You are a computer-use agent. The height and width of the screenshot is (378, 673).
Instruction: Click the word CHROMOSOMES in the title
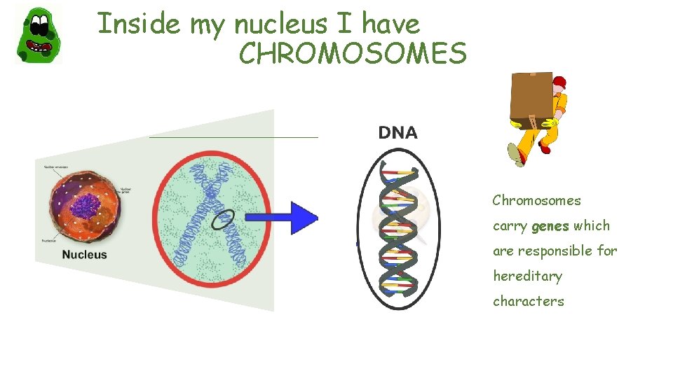tap(353, 53)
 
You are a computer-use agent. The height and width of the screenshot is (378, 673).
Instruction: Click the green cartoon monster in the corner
tap(39, 35)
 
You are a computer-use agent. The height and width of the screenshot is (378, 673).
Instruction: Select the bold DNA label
tap(397, 132)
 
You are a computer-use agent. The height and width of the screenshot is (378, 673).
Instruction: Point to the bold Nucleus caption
tap(84, 255)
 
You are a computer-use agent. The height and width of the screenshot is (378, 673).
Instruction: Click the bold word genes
tap(550, 226)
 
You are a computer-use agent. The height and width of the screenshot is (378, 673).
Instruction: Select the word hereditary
tap(527, 276)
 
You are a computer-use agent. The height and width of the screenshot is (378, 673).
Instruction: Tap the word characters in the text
tap(528, 302)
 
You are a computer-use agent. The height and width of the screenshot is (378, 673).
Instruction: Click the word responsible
tap(556, 251)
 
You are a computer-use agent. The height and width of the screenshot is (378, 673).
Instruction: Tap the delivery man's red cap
tap(559, 83)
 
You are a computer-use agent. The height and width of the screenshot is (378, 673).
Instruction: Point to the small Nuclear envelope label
tap(60, 168)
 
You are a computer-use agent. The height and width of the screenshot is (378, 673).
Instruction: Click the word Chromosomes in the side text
tap(536, 201)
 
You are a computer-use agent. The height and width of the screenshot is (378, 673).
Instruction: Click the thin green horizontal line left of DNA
tap(233, 137)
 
